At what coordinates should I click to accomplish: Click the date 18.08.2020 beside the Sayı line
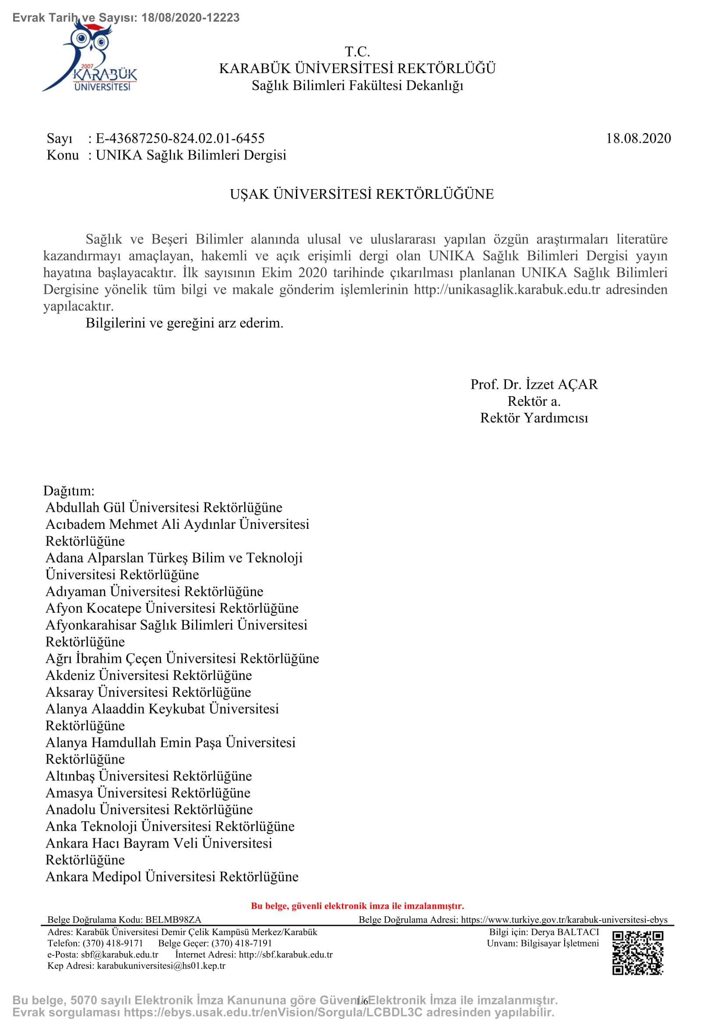(638, 138)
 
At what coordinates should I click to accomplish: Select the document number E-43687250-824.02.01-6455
(180, 138)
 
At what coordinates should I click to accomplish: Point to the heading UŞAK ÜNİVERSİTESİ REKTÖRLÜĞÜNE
(362, 194)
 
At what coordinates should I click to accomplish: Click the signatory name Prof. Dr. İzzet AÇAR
(534, 384)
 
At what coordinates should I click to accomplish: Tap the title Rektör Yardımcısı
(534, 418)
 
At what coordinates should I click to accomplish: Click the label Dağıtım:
(69, 491)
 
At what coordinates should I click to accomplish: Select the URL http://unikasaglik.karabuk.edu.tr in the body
(507, 289)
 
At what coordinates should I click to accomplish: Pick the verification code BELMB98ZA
(173, 919)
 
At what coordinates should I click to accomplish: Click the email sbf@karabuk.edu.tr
(119, 954)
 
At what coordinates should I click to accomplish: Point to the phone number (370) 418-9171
(113, 943)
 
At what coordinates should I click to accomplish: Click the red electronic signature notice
(358, 906)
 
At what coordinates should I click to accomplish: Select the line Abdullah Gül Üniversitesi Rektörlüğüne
(164, 507)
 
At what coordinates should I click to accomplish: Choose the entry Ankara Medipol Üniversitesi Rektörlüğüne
(172, 876)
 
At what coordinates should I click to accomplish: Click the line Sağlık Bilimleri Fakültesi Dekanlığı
(358, 85)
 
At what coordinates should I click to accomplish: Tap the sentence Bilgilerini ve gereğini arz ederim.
(185, 323)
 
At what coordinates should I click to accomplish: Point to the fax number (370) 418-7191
(242, 943)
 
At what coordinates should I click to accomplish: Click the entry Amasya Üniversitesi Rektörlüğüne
(148, 792)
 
